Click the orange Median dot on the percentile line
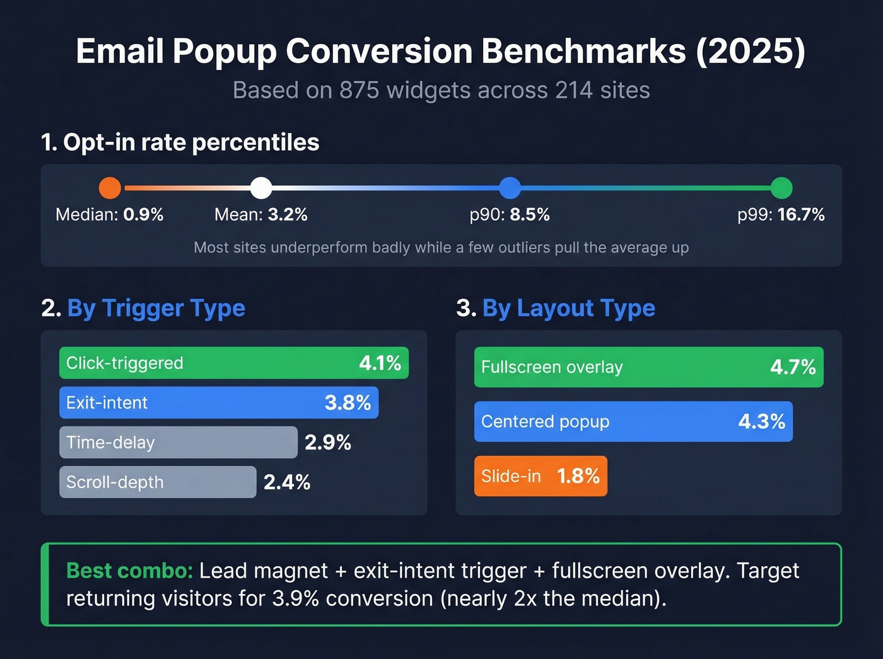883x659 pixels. pyautogui.click(x=110, y=188)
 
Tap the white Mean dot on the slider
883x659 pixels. pyautogui.click(x=261, y=188)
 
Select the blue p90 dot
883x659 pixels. pyautogui.click(x=510, y=188)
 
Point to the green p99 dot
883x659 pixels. pyautogui.click(x=781, y=188)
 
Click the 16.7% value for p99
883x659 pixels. pyautogui.click(x=801, y=215)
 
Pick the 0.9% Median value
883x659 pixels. pyautogui.click(x=143, y=215)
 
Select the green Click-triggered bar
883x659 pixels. pyautogui.click(x=233, y=363)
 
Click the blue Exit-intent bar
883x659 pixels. pyautogui.click(x=218, y=403)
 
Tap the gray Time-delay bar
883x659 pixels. pyautogui.click(x=178, y=443)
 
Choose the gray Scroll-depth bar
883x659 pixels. pyautogui.click(x=158, y=482)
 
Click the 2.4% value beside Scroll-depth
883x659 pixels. pyautogui.click(x=287, y=482)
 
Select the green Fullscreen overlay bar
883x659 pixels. pyautogui.click(x=648, y=367)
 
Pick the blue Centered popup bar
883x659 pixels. pyautogui.click(x=633, y=422)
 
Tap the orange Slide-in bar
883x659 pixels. pyautogui.click(x=541, y=476)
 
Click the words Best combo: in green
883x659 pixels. pyautogui.click(x=129, y=571)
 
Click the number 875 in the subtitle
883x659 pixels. pyautogui.click(x=360, y=90)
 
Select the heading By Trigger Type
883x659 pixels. pyautogui.click(x=156, y=308)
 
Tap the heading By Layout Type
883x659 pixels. pyautogui.click(x=568, y=308)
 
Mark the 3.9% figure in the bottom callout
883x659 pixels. pyautogui.click(x=295, y=598)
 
